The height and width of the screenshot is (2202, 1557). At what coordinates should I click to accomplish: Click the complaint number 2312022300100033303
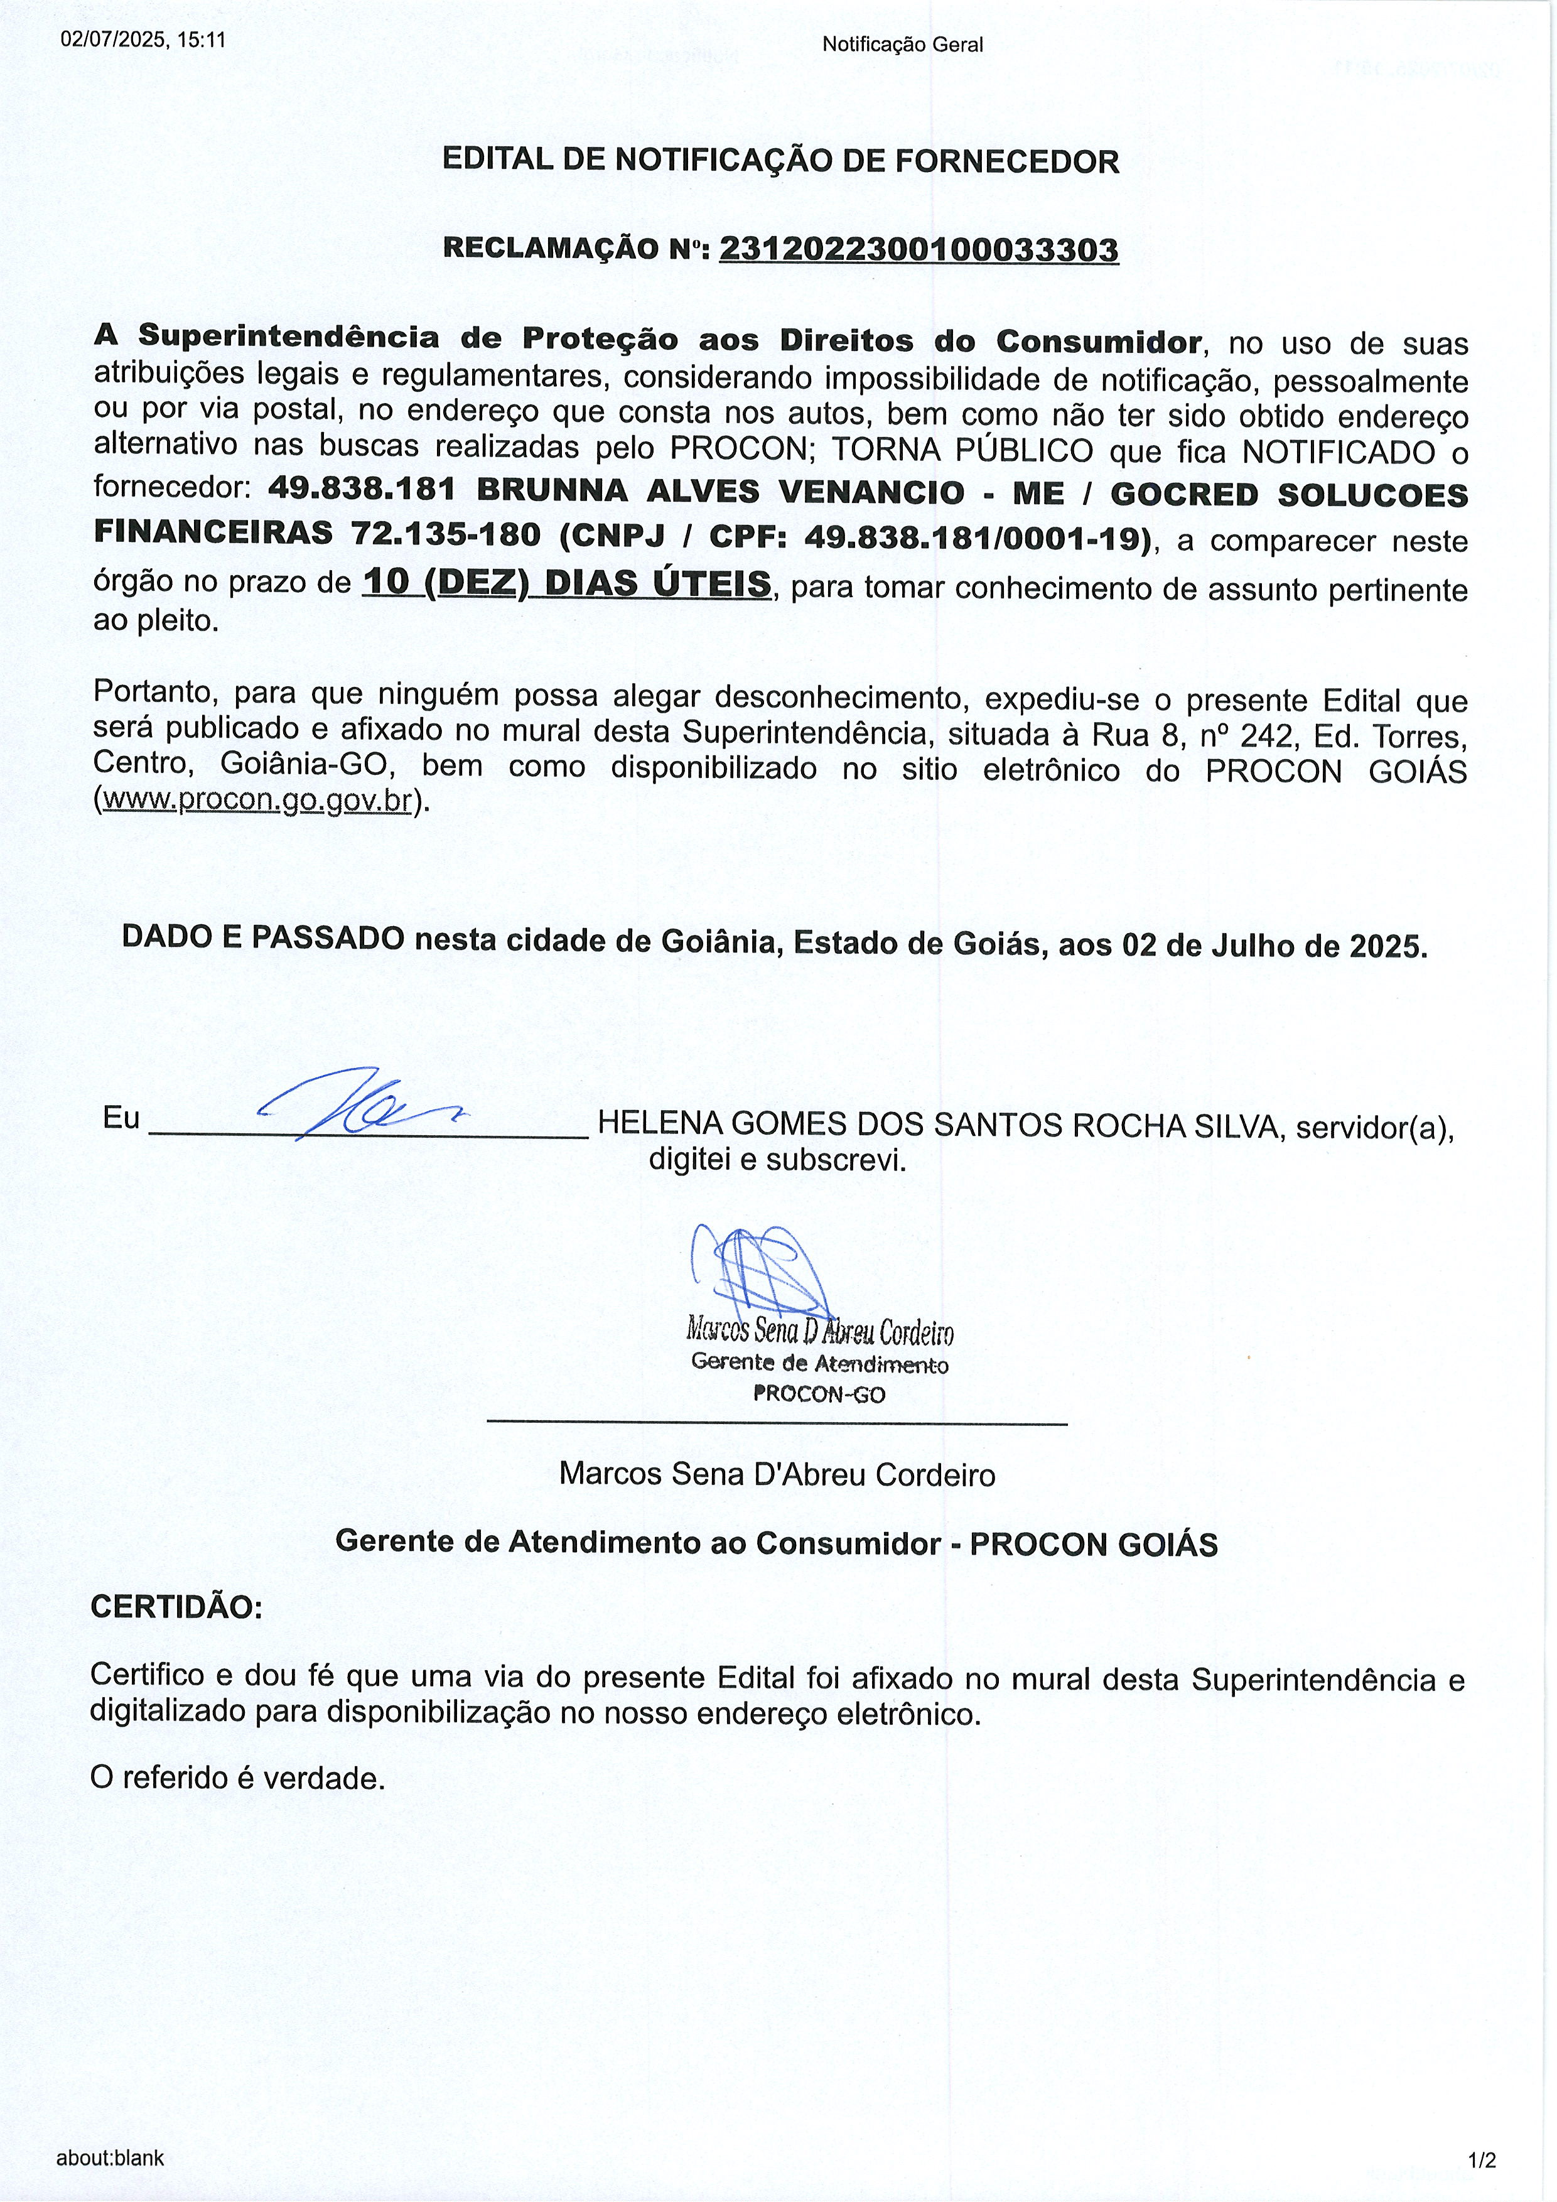[x=919, y=251]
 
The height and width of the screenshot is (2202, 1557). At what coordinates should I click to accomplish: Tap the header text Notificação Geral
[x=902, y=44]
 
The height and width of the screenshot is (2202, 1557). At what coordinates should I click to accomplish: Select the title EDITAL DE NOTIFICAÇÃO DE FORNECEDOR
[x=780, y=161]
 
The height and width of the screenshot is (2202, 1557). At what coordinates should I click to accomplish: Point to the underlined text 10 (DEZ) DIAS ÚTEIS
[x=567, y=583]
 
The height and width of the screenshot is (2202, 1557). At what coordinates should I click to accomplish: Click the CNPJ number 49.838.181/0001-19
[x=977, y=538]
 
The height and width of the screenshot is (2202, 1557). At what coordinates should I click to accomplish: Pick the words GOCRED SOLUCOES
[x=1288, y=495]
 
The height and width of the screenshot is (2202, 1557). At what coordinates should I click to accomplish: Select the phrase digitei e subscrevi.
[x=777, y=1160]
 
